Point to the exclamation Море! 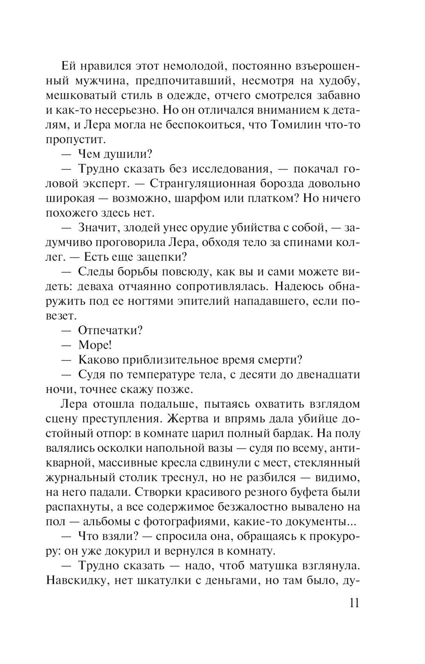(x=95, y=345)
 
